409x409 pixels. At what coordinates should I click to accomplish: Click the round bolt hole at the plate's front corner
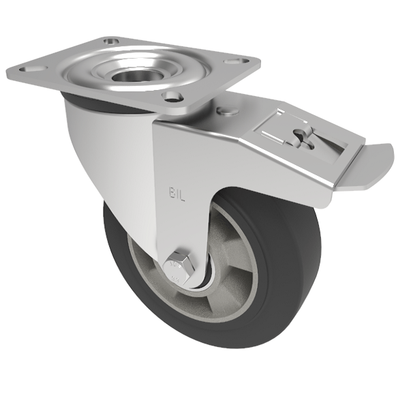coord(173,97)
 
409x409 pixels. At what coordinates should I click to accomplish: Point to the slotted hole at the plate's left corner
coord(29,70)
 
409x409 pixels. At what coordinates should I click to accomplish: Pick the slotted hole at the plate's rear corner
coord(111,42)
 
